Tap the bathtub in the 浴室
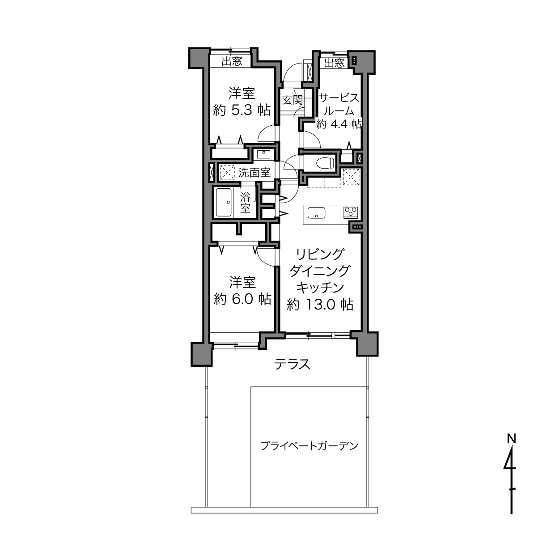click(223, 202)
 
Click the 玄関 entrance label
click(293, 100)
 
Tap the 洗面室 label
click(255, 173)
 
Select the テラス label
click(293, 364)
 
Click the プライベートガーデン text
click(309, 445)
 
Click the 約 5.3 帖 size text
click(242, 110)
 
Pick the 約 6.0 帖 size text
click(242, 299)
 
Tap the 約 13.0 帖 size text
click(320, 305)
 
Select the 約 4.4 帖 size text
click(339, 124)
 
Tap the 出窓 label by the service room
click(334, 63)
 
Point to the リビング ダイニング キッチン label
click(320, 271)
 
